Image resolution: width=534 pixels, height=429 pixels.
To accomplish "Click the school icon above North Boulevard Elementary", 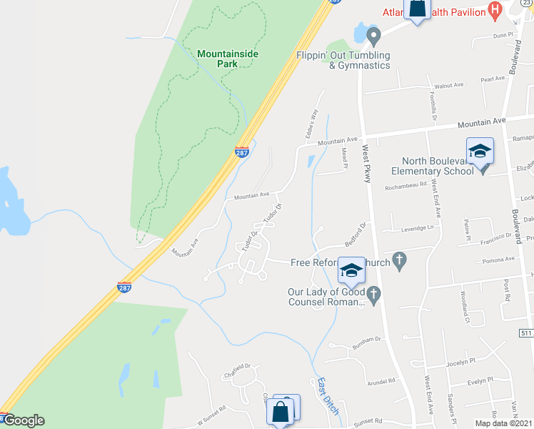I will [x=480, y=151].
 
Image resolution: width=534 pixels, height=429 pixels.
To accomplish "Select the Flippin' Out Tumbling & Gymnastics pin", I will [x=372, y=34].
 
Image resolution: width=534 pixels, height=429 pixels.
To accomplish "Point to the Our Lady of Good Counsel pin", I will [x=374, y=292].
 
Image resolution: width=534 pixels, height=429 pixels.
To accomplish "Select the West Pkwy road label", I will [x=366, y=164].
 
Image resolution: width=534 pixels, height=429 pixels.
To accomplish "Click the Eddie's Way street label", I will [x=311, y=123].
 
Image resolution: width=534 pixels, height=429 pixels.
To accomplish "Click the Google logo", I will [x=24, y=420].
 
